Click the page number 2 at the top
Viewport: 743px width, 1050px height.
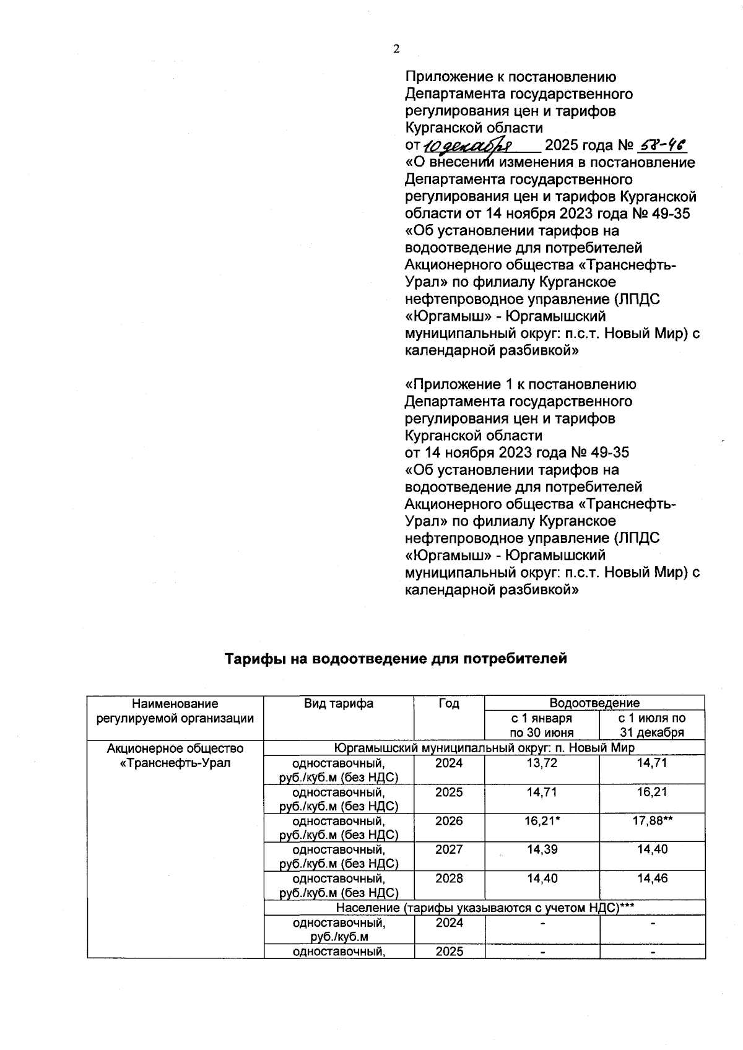(396, 50)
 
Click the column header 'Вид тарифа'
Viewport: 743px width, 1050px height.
(339, 703)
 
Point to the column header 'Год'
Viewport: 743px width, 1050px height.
(449, 703)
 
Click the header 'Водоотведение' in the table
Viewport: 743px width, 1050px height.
(594, 703)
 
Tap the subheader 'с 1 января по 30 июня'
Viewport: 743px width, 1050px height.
(542, 726)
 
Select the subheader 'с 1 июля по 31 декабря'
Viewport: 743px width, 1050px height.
(652, 726)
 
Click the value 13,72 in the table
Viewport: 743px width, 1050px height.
(542, 763)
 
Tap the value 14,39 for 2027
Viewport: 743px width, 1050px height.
(542, 849)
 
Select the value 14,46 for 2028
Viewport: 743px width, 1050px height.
(652, 879)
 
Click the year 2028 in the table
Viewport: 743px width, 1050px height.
(449, 879)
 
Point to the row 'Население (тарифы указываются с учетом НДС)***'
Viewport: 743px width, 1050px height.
(484, 908)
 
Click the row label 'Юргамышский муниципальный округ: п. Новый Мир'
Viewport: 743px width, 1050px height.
(484, 748)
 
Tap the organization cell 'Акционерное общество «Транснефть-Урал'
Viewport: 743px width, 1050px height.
(175, 755)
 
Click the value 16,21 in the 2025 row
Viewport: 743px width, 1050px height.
(652, 792)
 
